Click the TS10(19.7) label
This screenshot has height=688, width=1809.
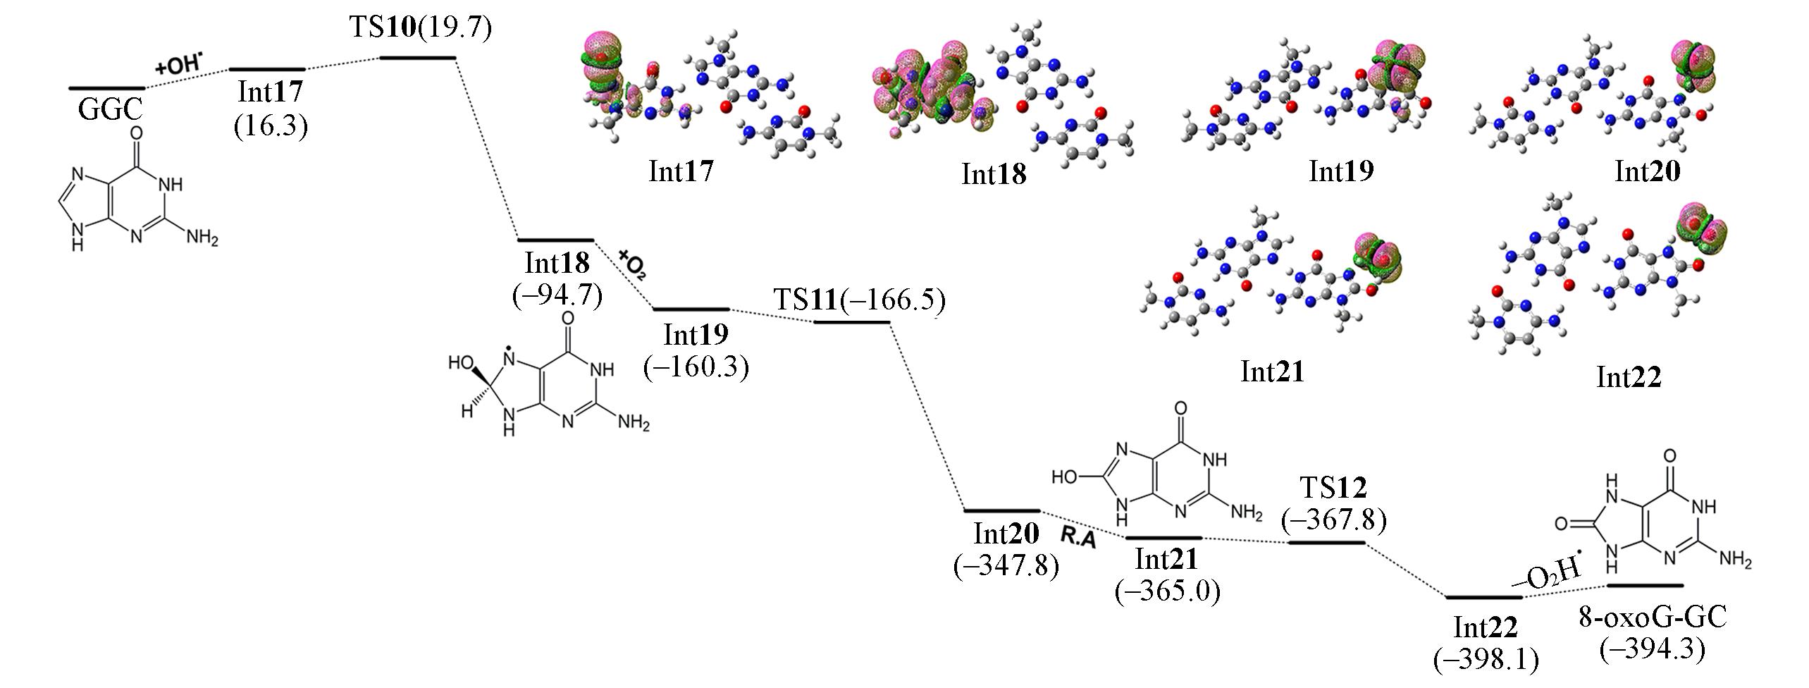click(x=420, y=28)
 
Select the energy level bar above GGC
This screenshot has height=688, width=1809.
click(x=106, y=88)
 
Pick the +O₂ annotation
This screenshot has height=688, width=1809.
click(x=633, y=264)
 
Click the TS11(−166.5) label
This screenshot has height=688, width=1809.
click(x=859, y=299)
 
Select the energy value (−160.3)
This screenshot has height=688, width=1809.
click(x=696, y=367)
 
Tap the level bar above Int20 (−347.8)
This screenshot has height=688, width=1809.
click(x=1001, y=510)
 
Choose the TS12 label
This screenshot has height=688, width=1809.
click(x=1333, y=487)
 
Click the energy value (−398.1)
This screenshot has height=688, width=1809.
click(x=1486, y=659)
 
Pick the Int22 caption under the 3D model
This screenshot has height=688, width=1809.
click(x=1629, y=378)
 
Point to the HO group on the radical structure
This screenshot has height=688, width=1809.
click(x=464, y=364)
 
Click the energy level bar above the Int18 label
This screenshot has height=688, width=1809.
click(x=556, y=240)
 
